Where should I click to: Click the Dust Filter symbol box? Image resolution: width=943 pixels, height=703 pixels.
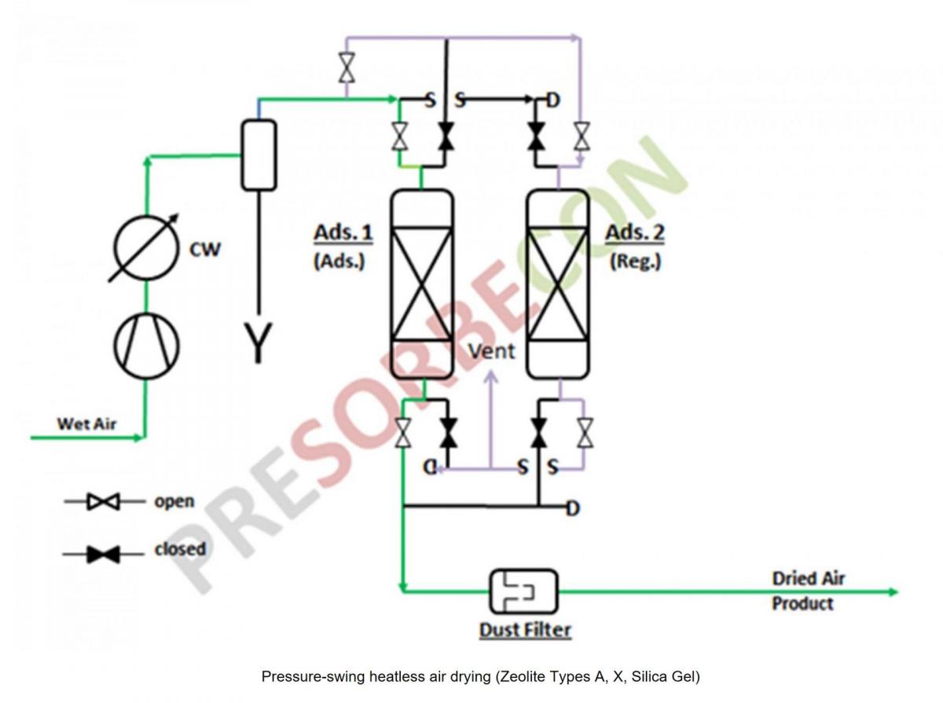pyautogui.click(x=523, y=591)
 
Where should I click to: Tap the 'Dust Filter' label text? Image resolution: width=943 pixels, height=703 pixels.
pyautogui.click(x=525, y=630)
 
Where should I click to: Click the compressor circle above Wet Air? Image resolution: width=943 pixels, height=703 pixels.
pyautogui.click(x=146, y=346)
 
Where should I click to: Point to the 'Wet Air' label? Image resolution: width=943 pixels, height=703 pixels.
pyautogui.click(x=86, y=424)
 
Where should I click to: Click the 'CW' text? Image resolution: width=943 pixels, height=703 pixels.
pyautogui.click(x=205, y=250)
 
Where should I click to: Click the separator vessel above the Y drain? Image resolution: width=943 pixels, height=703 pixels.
pyautogui.click(x=259, y=155)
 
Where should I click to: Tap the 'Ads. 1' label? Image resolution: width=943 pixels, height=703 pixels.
pyautogui.click(x=343, y=233)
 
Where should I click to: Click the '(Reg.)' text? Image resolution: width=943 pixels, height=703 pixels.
pyautogui.click(x=635, y=262)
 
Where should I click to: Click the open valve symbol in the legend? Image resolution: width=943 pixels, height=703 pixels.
pyautogui.click(x=103, y=501)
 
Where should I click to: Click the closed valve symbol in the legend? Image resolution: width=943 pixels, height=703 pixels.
pyautogui.click(x=103, y=555)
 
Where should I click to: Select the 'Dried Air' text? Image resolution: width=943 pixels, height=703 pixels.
pyautogui.click(x=808, y=579)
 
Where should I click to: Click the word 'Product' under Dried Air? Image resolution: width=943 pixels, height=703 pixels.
pyautogui.click(x=802, y=603)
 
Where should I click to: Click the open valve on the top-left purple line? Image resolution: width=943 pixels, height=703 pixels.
pyautogui.click(x=346, y=68)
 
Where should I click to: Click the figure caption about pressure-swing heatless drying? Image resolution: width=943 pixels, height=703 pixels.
pyautogui.click(x=479, y=676)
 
